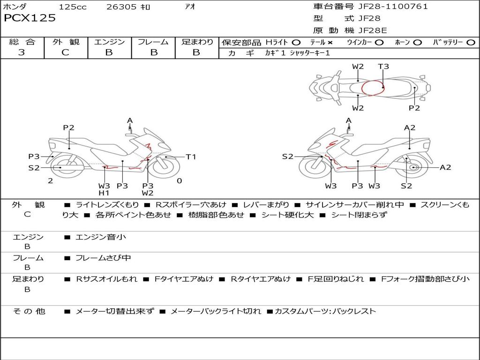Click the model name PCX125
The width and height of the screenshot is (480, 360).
pos(30,18)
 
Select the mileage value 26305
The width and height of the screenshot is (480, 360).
pos(121,7)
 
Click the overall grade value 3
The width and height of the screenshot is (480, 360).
pos(22,52)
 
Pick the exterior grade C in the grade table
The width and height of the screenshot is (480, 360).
pos(65,52)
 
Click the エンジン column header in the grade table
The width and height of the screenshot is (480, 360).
pos(109,42)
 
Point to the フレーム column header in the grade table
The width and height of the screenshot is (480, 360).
pos(153,42)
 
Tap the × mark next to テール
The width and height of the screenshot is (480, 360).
pos(330,42)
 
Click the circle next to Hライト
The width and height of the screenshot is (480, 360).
pos(296,42)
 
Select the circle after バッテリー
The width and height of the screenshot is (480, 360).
pos(471,42)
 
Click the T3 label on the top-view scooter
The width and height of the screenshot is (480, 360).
pos(383,67)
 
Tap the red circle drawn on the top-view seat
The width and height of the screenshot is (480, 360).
pos(373,88)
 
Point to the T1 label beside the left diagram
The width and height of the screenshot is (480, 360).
pos(191,157)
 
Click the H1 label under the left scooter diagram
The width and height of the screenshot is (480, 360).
pos(104,193)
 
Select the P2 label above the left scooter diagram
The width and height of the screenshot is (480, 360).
pos(69,127)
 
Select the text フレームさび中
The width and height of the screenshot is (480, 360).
pos(103,258)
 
